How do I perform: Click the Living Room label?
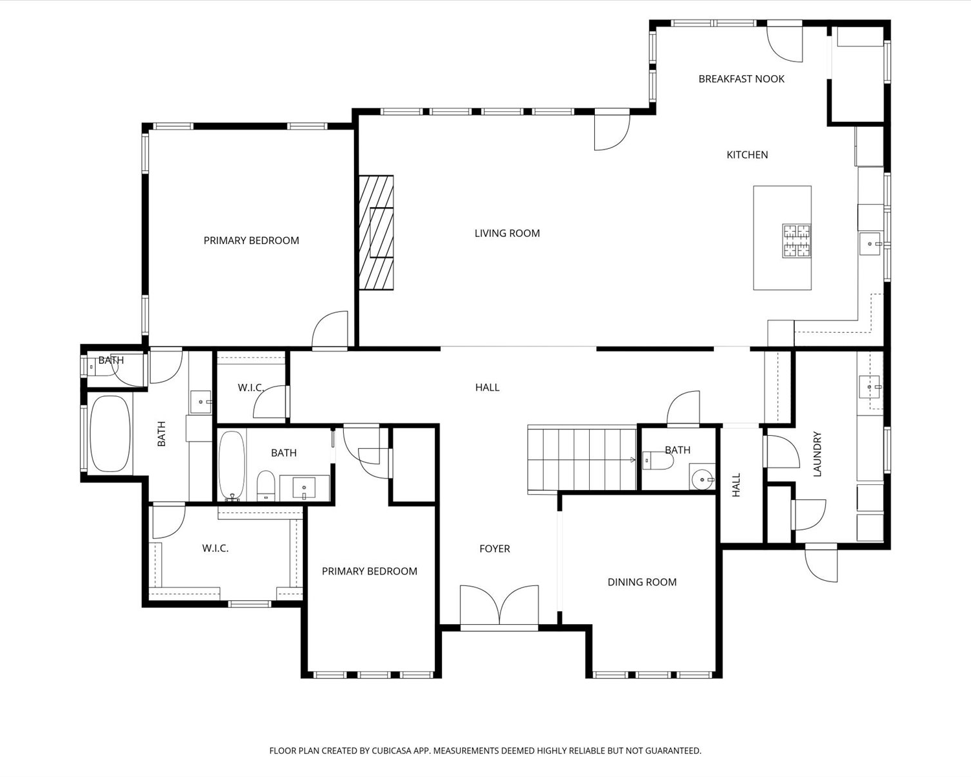pyautogui.click(x=507, y=233)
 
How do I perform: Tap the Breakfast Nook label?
pyautogui.click(x=741, y=79)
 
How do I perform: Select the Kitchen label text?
pyautogui.click(x=747, y=155)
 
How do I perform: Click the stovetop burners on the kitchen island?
pyautogui.click(x=796, y=241)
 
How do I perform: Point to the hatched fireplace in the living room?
pyautogui.click(x=376, y=232)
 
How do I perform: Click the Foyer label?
pyautogui.click(x=495, y=548)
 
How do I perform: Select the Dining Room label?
pyautogui.click(x=642, y=582)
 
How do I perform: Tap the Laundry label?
pyautogui.click(x=817, y=454)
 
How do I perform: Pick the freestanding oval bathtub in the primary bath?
pyautogui.click(x=111, y=434)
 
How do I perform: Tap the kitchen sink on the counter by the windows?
pyautogui.click(x=870, y=244)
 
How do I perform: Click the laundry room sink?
pyautogui.click(x=869, y=387)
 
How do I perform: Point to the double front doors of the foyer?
pyautogui.click(x=499, y=605)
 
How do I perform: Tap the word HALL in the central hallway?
pyautogui.click(x=487, y=387)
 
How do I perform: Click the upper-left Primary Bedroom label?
pyautogui.click(x=251, y=241)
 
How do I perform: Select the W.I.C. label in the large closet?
pyautogui.click(x=215, y=548)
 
